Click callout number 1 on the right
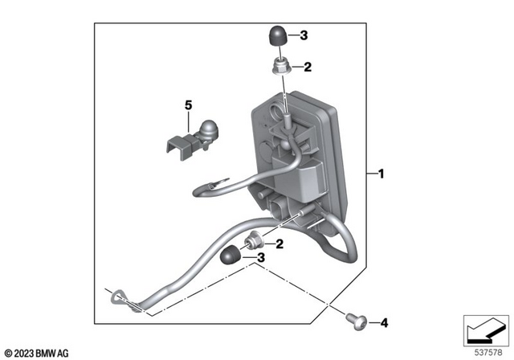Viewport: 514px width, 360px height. (x=381, y=174)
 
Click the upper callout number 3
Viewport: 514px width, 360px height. (x=304, y=35)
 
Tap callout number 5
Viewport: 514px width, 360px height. (x=189, y=105)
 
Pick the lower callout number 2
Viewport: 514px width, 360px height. (x=278, y=243)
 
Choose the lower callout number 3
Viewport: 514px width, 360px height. (x=260, y=258)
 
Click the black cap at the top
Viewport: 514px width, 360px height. (x=278, y=36)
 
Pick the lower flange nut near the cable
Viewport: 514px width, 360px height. (x=255, y=239)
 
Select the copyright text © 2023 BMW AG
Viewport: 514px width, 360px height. (x=37, y=352)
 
